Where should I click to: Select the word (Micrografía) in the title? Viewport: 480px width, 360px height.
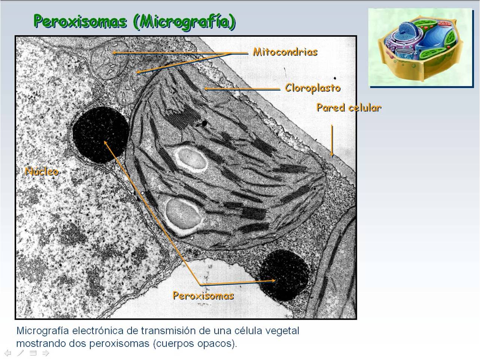pyautogui.click(x=184, y=22)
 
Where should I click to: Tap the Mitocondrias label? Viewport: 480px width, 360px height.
pyautogui.click(x=285, y=52)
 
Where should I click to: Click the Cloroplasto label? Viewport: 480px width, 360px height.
pyautogui.click(x=313, y=88)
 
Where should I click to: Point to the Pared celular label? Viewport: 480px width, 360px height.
pyautogui.click(x=349, y=108)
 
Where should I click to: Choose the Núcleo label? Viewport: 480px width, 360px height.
pyautogui.click(x=42, y=171)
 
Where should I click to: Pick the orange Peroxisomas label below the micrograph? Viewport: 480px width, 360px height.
pyautogui.click(x=203, y=296)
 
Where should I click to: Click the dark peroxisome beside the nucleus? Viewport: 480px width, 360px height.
pyautogui.click(x=100, y=135)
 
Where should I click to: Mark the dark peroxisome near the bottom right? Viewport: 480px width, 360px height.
pyautogui.click(x=284, y=275)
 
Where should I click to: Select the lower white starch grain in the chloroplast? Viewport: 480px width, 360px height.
pyautogui.click(x=183, y=213)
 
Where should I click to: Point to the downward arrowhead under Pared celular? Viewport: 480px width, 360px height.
pyautogui.click(x=332, y=153)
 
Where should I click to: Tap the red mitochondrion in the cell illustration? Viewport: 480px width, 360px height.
pyautogui.click(x=445, y=24)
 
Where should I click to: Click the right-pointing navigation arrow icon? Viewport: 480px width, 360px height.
pyautogui.click(x=46, y=353)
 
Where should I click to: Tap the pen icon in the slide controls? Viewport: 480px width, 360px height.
pyautogui.click(x=20, y=353)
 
